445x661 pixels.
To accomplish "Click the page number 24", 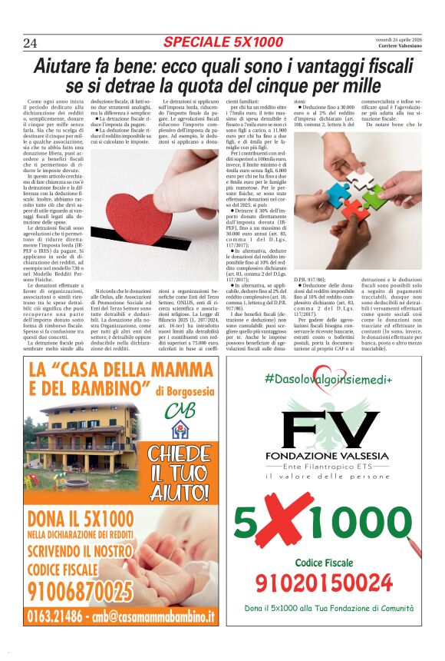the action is coord(31,42).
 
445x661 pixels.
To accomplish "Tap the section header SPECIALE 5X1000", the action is coord(223,41).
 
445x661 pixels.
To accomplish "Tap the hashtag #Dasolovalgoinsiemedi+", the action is coord(328,379).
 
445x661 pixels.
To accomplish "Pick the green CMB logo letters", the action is coord(180,408).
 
